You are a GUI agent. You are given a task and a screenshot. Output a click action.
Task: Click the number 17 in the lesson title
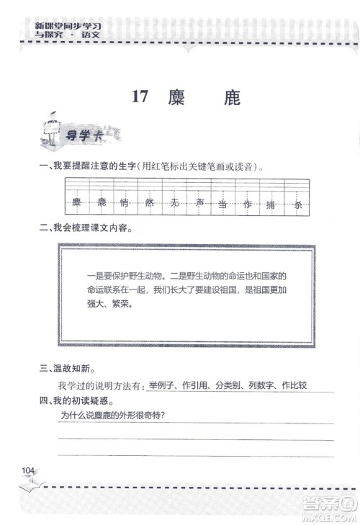pos(140,98)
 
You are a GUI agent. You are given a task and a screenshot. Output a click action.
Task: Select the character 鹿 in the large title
pos(231,98)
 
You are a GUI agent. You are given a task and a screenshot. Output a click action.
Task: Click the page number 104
pos(28,470)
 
